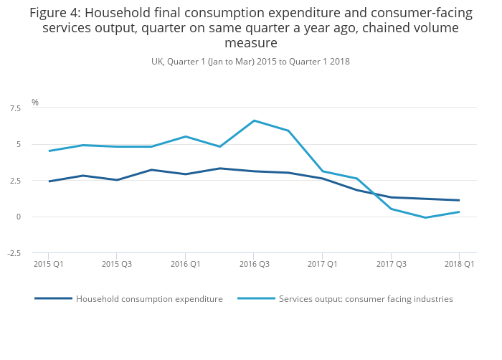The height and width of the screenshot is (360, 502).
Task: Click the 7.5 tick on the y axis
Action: click(15, 108)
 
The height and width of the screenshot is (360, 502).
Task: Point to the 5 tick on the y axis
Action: click(18, 144)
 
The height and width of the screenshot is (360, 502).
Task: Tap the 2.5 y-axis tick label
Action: click(15, 181)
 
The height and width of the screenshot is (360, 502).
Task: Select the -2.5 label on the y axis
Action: click(14, 253)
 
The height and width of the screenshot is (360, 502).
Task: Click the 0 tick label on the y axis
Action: click(18, 217)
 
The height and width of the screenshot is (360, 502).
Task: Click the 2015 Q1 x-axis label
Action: click(48, 264)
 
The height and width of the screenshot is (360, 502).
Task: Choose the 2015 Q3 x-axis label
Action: click(117, 264)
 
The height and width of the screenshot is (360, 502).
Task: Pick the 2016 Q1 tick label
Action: click(185, 264)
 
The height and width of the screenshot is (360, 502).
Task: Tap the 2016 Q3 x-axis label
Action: click(254, 264)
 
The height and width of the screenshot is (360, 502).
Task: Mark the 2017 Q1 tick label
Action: click(322, 264)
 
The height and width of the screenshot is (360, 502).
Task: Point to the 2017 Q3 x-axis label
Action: click(391, 264)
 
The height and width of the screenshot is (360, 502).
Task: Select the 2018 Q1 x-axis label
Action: click(459, 264)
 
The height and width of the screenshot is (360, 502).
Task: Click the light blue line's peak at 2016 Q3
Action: click(254, 120)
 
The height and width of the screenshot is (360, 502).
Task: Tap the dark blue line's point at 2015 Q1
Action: click(49, 181)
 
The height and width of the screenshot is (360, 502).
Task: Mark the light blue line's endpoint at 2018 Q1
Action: click(459, 212)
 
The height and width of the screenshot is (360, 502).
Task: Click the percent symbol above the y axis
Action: click(34, 103)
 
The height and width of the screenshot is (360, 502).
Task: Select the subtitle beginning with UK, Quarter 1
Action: click(250, 62)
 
